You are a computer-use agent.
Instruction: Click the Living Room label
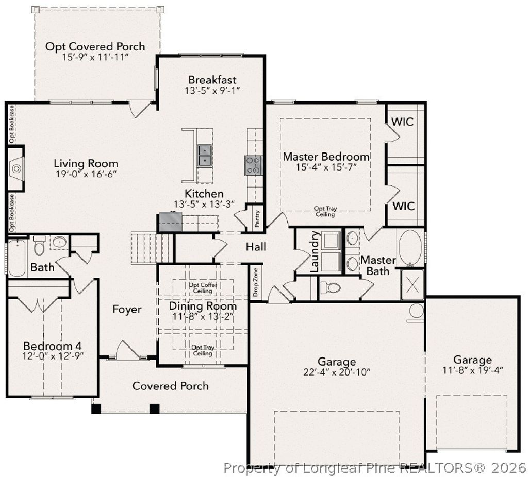(86, 164)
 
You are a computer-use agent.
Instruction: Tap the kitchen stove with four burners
(253, 165)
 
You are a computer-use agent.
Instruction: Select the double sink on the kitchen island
(204, 156)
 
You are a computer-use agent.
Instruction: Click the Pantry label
(257, 218)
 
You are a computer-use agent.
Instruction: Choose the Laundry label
(316, 252)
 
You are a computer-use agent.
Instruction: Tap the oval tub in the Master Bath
(410, 248)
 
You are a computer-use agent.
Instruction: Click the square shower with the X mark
(412, 285)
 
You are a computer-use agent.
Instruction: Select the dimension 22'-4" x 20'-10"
(337, 372)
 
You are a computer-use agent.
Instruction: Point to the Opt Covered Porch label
(95, 46)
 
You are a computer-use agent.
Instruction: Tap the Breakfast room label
(212, 80)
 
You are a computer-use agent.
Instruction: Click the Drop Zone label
(256, 283)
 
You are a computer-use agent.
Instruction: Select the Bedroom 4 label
(52, 346)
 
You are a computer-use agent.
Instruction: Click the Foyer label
(127, 309)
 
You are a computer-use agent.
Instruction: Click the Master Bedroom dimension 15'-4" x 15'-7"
(326, 167)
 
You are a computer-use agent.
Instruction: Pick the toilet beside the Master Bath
(331, 287)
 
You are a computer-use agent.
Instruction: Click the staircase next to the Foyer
(152, 247)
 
